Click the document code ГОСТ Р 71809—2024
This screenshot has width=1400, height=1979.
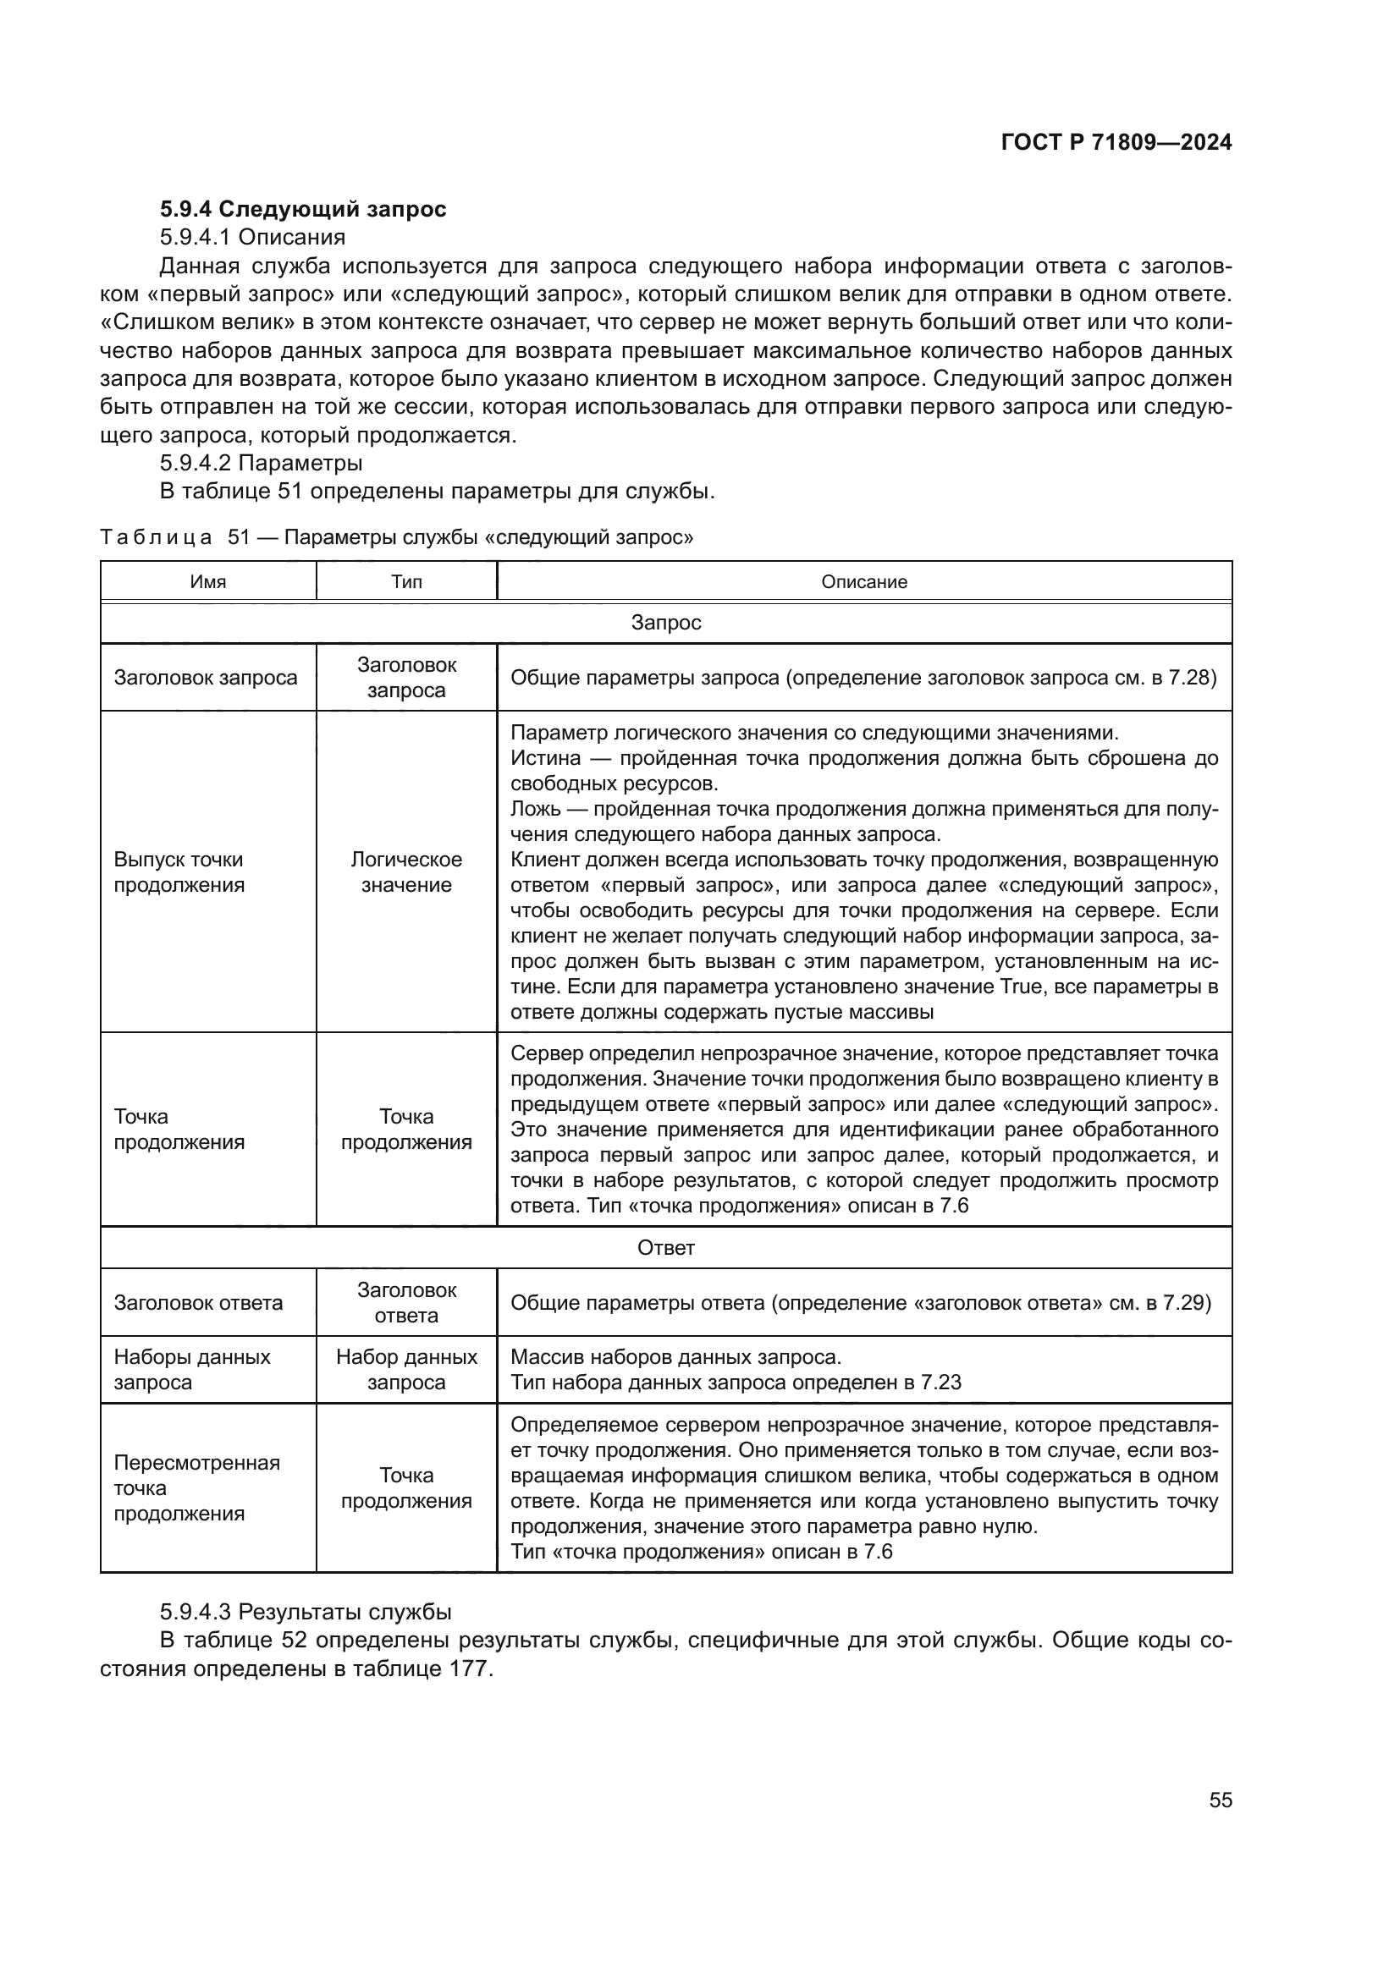1116,143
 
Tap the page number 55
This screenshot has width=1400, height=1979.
1220,1800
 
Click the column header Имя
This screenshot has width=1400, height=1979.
207,582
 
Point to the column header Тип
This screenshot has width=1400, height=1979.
406,582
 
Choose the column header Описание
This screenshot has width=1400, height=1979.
864,582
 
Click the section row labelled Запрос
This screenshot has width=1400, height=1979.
665,623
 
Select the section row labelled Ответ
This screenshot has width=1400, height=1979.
665,1247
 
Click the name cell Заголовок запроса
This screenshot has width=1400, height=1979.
205,678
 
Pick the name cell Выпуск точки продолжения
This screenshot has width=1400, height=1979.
179,872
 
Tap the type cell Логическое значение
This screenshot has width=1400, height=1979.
406,872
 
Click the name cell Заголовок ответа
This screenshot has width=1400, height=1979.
198,1302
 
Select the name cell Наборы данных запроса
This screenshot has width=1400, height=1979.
191,1370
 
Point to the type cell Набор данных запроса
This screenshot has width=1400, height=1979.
406,1370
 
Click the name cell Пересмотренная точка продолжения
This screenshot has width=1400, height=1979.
196,1487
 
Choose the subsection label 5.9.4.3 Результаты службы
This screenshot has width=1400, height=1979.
306,1612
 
